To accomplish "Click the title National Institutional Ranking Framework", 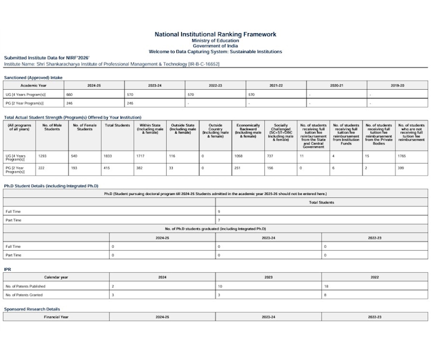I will pyautogui.click(x=215, y=34).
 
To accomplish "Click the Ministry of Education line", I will pyautogui.click(x=215, y=40).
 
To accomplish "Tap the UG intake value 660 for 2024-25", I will pyautogui.click(x=70, y=95).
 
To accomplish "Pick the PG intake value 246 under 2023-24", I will pyautogui.click(x=130, y=103).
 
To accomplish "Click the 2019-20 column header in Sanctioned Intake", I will pyautogui.click(x=397, y=85).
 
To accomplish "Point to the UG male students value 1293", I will pyautogui.click(x=42, y=156).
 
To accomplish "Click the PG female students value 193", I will pyautogui.click(x=75, y=168).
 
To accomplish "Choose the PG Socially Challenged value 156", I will pyautogui.click(x=270, y=168).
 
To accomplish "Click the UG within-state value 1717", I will pyautogui.click(x=141, y=156).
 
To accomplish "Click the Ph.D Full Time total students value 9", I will pyautogui.click(x=219, y=211).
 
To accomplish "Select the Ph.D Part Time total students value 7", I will pyautogui.click(x=219, y=220).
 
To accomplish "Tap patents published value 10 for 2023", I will pyautogui.click(x=220, y=286).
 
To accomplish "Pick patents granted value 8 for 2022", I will pyautogui.click(x=325, y=295).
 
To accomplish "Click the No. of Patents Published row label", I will pyautogui.click(x=25, y=286).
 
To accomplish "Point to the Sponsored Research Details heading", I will pyautogui.click(x=32, y=309).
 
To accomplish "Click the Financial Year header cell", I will pyautogui.click(x=56, y=317).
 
